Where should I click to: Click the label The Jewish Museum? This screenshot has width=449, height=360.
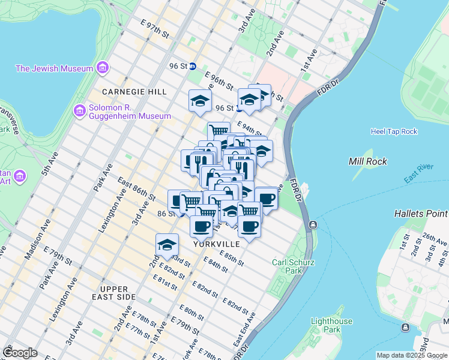coord(54,68)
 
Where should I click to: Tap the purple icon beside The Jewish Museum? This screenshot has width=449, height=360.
coord(102,68)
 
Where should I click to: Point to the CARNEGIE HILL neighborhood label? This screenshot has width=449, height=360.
coord(134,92)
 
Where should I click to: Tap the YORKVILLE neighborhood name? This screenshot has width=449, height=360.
coord(217,245)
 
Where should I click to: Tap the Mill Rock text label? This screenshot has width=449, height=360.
coord(367,161)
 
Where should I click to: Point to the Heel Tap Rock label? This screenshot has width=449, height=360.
coord(394,131)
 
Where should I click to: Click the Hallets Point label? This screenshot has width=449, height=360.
coord(421,214)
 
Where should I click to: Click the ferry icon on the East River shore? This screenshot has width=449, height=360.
coord(313,225)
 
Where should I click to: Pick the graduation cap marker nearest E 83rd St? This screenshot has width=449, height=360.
coord(167,245)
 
